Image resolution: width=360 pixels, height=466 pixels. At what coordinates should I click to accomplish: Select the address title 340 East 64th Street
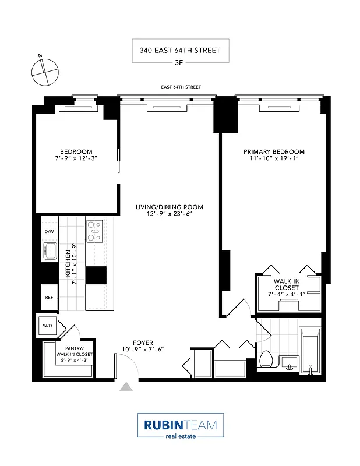click(180, 50)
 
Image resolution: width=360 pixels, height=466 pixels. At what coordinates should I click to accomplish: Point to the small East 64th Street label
click(181, 87)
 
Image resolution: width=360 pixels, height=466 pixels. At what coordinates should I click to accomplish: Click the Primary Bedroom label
click(274, 152)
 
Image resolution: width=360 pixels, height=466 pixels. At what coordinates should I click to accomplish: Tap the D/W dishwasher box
click(48, 231)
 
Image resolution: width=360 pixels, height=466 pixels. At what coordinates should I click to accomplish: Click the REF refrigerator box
click(49, 297)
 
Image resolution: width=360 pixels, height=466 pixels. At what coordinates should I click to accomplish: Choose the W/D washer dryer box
click(47, 326)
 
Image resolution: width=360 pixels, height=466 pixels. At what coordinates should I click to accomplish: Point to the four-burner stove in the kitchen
click(94, 231)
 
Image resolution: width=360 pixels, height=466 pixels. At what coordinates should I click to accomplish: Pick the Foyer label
click(143, 343)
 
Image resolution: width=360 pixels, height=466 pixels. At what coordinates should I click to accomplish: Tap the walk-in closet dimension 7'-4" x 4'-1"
click(287, 294)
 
